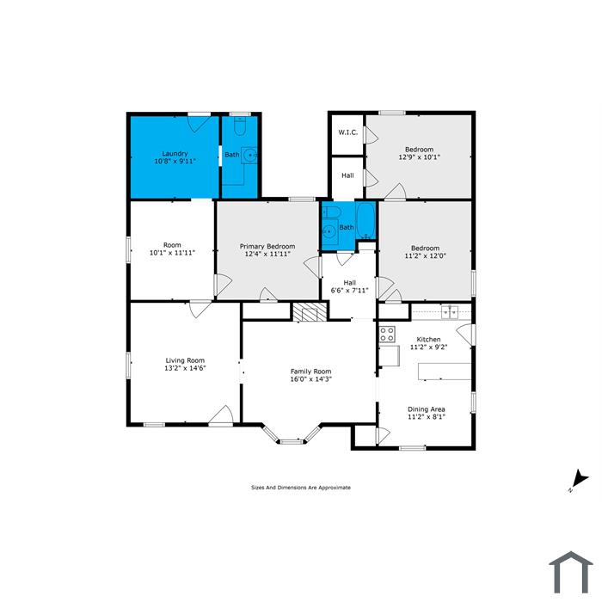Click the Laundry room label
[x=175, y=154]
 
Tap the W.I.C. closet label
[x=347, y=132]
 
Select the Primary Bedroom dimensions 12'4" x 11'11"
[x=267, y=254]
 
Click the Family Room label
[x=310, y=372]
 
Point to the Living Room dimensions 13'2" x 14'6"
[x=185, y=368]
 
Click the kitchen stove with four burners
[x=387, y=334]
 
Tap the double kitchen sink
[x=450, y=312]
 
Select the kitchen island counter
[x=445, y=372]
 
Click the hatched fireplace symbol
[x=310, y=311]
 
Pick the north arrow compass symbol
[x=579, y=480]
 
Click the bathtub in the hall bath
[x=365, y=221]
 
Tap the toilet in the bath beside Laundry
[x=240, y=126]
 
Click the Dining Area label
[x=427, y=409]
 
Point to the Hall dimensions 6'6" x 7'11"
[x=349, y=291]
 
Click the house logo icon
[x=571, y=572]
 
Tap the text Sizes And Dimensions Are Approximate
[x=301, y=488]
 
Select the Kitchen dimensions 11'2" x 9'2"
[x=428, y=347]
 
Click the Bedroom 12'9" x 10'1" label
[x=420, y=153]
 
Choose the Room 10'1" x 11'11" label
[x=172, y=249]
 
